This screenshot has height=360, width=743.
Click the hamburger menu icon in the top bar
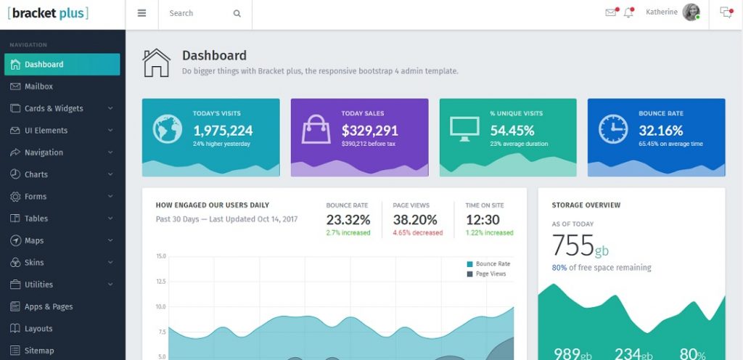[141, 13]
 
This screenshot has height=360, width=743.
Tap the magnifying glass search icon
[237, 13]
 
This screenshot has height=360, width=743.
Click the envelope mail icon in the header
[610, 12]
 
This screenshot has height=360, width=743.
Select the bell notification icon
[628, 12]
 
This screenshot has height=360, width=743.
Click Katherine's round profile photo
[691, 12]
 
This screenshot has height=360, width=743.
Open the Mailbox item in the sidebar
[38, 86]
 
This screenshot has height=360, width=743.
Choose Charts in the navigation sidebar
[36, 174]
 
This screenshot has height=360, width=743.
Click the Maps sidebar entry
[34, 240]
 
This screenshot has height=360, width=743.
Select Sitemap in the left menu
[39, 351]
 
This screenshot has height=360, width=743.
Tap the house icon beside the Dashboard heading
[156, 62]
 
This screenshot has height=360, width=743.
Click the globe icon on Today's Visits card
[168, 129]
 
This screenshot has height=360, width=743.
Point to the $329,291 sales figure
[369, 131]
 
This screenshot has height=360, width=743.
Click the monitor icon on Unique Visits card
[464, 128]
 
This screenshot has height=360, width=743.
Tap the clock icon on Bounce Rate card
[613, 129]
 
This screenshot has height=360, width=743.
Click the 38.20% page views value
[415, 219]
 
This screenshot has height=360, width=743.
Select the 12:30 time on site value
[483, 219]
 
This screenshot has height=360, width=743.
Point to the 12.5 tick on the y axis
[161, 282]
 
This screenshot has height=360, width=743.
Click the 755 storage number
[573, 246]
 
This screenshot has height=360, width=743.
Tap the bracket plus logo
[48, 13]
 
